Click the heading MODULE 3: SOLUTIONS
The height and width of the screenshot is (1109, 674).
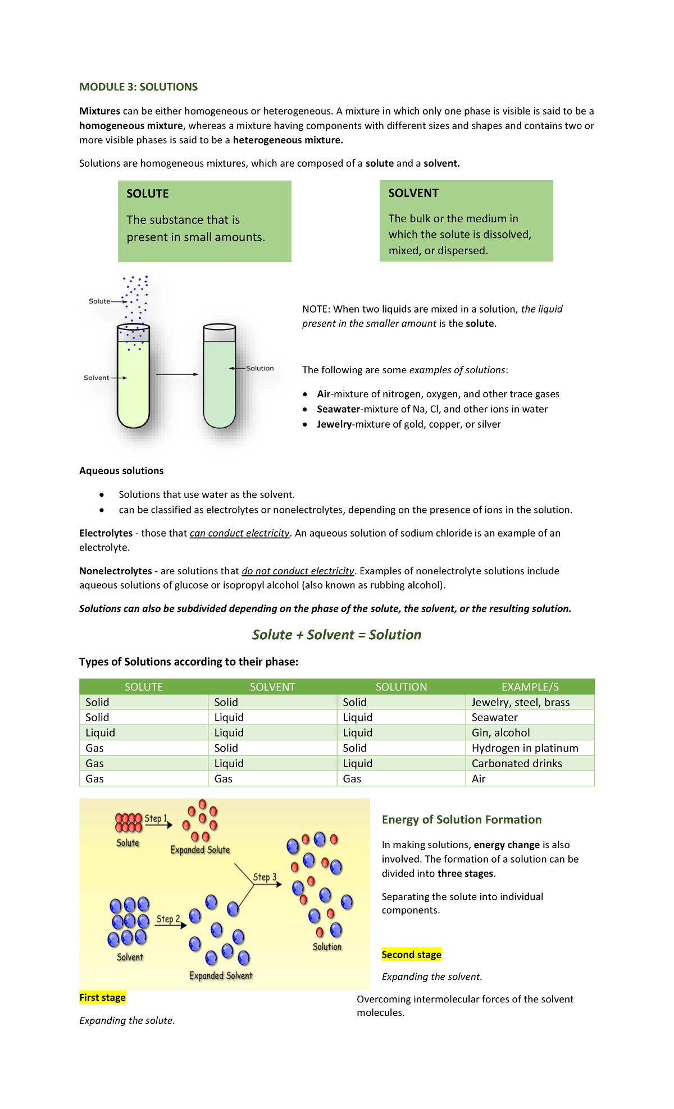click(138, 87)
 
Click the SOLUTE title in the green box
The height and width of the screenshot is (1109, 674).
click(147, 194)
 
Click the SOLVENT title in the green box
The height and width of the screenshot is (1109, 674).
click(413, 193)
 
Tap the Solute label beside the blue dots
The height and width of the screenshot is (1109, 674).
click(99, 301)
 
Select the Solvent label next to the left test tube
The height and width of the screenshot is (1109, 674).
click(96, 378)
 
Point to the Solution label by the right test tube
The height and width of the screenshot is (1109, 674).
click(259, 368)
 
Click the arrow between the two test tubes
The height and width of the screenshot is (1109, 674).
click(177, 374)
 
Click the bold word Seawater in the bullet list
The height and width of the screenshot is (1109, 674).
click(338, 409)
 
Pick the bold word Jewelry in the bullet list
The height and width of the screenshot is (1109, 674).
click(334, 424)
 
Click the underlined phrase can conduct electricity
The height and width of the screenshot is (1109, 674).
click(239, 533)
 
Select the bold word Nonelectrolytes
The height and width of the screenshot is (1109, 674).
click(115, 571)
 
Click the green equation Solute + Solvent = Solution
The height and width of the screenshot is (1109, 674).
click(336, 635)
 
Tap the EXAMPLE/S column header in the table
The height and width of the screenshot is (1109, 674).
click(530, 687)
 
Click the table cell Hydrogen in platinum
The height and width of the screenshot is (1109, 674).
click(525, 748)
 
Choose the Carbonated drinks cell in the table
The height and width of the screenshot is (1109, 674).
click(517, 763)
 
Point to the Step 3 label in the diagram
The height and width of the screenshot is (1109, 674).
click(265, 877)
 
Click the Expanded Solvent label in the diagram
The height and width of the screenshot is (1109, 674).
click(221, 975)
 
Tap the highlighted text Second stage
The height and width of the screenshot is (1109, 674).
click(411, 955)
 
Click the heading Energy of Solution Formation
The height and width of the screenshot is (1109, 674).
click(461, 819)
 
